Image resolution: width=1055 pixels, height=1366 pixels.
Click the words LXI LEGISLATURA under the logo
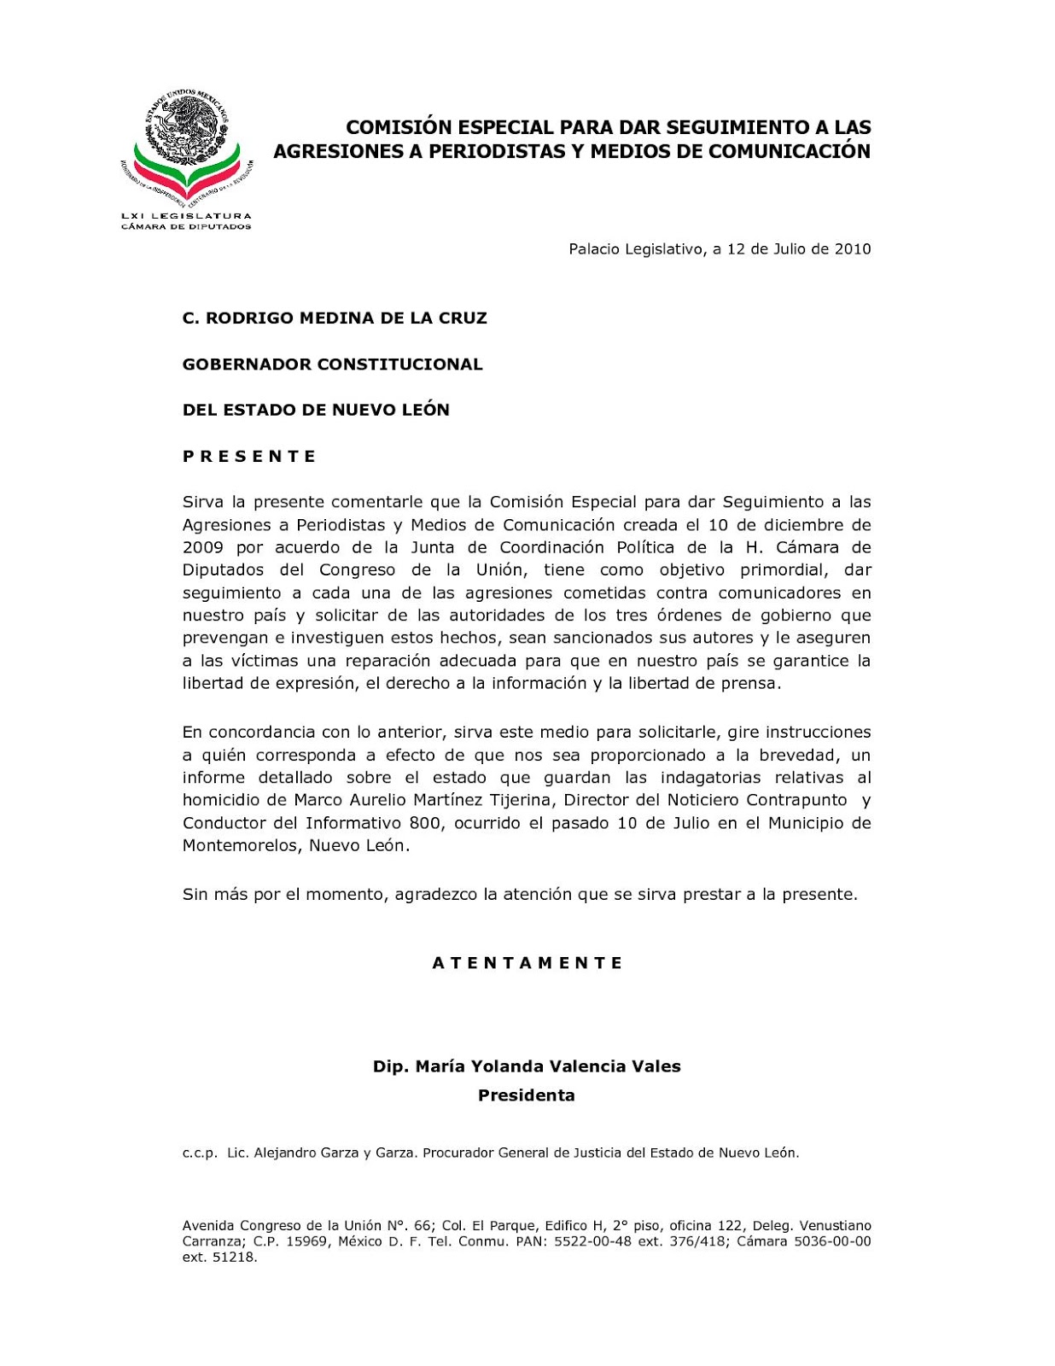tap(186, 216)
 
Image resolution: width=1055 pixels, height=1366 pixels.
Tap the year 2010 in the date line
tap(853, 249)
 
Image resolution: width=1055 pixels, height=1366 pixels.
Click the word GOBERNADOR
tap(247, 365)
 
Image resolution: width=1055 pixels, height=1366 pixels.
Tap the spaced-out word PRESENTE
tap(249, 457)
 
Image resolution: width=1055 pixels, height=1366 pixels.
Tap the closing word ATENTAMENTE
tap(527, 963)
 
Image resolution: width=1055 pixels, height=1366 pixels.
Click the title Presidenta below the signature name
tap(527, 1095)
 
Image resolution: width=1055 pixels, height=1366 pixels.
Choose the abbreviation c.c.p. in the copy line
tap(200, 1153)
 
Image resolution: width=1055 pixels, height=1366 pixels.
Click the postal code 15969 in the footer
tap(306, 1241)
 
